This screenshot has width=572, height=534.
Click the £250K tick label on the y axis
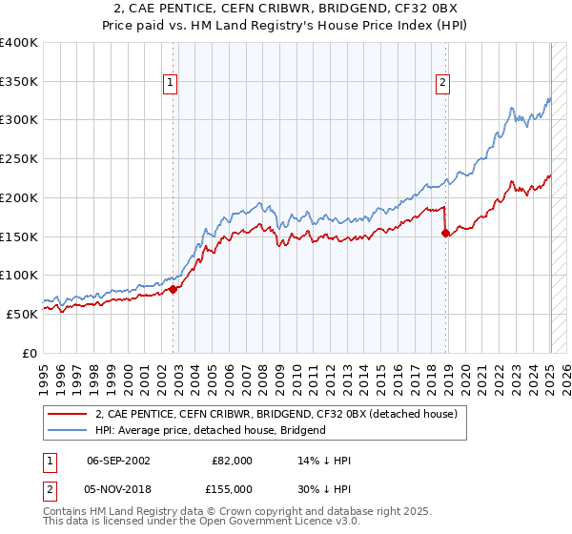click(x=19, y=159)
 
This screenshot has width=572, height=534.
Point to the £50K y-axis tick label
click(x=22, y=314)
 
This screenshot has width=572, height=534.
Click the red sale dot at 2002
click(x=173, y=289)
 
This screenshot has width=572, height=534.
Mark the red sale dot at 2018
click(x=445, y=233)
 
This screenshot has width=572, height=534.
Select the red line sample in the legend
click(x=65, y=414)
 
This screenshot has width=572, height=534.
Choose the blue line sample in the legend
click(x=65, y=430)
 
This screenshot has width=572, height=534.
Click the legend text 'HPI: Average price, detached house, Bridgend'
click(x=210, y=430)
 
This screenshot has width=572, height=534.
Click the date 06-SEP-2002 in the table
click(x=118, y=461)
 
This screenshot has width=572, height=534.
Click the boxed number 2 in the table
click(x=49, y=487)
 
